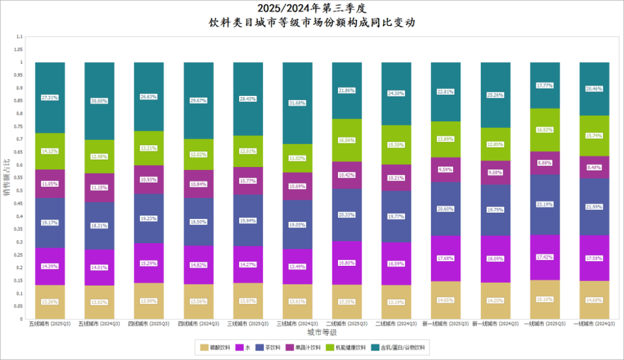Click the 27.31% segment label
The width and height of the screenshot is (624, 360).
(50, 98)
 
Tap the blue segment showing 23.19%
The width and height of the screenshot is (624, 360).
(545, 204)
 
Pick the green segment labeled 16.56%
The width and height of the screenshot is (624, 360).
(347, 140)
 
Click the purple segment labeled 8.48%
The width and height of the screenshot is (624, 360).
(595, 167)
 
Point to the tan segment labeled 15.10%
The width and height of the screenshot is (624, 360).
(545, 299)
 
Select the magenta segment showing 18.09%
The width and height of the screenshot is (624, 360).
(495, 259)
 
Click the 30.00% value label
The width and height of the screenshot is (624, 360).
(99, 101)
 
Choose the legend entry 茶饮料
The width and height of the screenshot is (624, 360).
(269, 346)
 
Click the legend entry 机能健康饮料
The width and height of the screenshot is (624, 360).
(349, 346)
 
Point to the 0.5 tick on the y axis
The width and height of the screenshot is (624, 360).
(20, 191)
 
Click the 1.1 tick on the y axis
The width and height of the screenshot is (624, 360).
(20, 37)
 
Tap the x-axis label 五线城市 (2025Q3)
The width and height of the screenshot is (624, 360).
(50, 324)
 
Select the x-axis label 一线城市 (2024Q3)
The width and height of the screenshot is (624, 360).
(595, 324)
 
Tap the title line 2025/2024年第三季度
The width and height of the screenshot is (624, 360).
(312, 8)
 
